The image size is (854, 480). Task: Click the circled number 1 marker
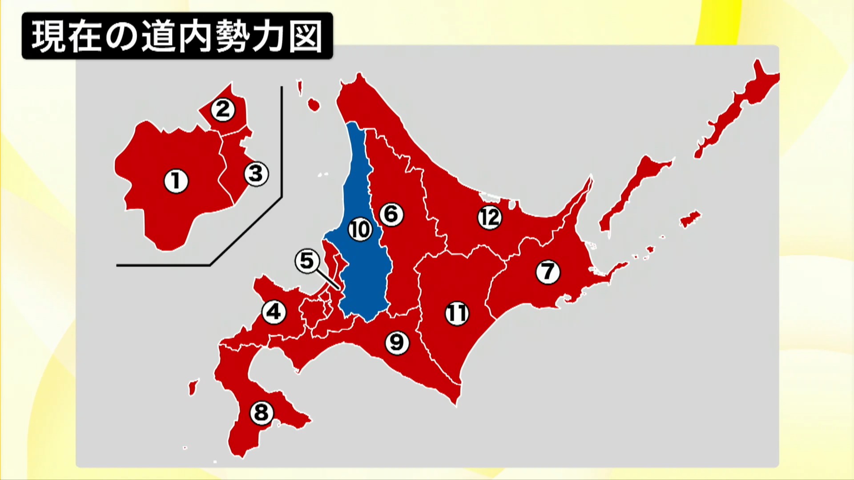coord(176,181)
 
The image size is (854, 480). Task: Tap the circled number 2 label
coord(222,109)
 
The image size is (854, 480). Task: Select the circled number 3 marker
coord(256,173)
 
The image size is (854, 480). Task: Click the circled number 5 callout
coord(307,261)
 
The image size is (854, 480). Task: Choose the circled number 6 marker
coord(391,214)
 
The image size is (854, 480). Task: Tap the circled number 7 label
coord(548,271)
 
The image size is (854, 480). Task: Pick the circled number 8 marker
coord(261,412)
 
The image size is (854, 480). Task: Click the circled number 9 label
coord(396,342)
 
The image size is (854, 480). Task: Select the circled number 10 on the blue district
coord(359,229)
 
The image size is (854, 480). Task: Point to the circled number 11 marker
coord(457,313)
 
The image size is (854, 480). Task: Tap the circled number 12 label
coord(490,217)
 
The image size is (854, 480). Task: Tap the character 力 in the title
coord(269,36)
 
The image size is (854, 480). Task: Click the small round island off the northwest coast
coord(314,105)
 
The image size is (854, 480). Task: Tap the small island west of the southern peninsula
coord(193,387)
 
